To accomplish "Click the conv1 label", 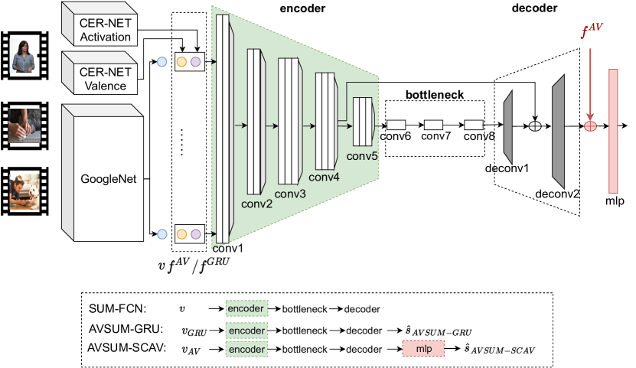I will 227,248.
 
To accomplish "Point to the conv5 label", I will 361,156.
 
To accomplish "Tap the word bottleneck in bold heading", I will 434,93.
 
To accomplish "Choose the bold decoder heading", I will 533,9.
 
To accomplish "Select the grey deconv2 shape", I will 557,132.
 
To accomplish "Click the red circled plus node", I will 590,125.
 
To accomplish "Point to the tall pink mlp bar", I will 613,129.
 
